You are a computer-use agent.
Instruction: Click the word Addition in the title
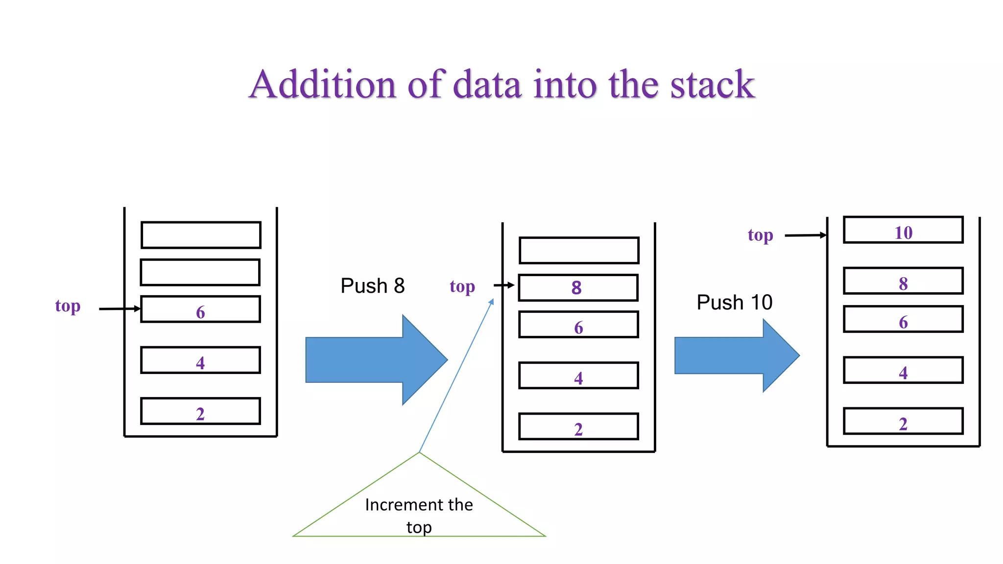click(x=322, y=85)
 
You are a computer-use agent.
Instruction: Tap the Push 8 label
click(x=372, y=286)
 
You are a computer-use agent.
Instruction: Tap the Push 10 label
click(x=734, y=303)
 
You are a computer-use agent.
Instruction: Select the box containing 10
click(x=903, y=230)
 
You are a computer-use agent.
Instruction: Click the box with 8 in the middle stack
click(x=578, y=288)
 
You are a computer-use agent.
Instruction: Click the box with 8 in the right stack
click(x=903, y=281)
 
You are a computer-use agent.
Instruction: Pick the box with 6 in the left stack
click(x=200, y=309)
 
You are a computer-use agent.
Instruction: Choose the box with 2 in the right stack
click(x=903, y=422)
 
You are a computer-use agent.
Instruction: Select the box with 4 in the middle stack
click(x=578, y=376)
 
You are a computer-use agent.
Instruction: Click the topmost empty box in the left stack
click(x=200, y=235)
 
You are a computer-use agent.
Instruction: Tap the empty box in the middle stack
click(x=578, y=251)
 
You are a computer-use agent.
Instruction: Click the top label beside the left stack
click(x=68, y=307)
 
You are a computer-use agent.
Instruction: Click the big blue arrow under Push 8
click(x=372, y=360)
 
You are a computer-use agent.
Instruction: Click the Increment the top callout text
click(x=419, y=515)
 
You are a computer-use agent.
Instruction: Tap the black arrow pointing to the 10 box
click(x=805, y=235)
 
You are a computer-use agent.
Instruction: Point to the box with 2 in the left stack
click(x=200, y=411)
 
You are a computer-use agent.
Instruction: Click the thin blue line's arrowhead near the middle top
click(x=491, y=303)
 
